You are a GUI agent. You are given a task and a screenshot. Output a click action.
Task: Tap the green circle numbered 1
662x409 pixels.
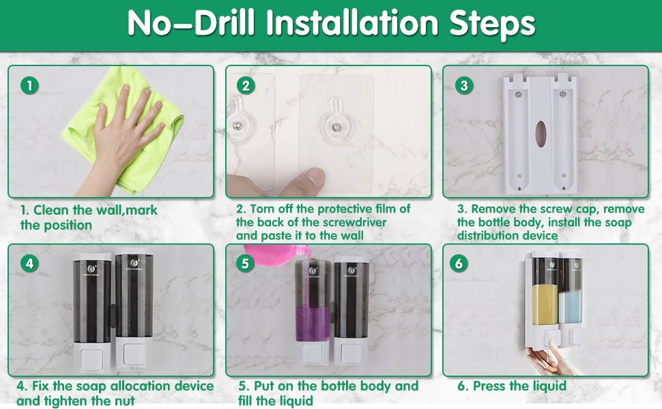coord(29,86)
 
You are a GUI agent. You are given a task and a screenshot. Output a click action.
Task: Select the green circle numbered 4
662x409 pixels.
coord(29,264)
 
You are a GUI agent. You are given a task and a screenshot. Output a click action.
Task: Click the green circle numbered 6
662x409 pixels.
coord(459,264)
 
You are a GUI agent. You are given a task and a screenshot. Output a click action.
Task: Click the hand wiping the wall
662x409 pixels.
coord(122,139)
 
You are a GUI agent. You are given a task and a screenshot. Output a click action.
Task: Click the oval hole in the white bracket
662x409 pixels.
coord(541,132)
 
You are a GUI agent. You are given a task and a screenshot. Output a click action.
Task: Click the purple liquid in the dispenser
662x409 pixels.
coord(313,323)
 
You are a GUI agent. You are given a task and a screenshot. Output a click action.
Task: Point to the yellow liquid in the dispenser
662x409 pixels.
coord(545,305)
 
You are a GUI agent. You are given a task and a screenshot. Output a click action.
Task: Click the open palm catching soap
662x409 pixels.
coord(549,360)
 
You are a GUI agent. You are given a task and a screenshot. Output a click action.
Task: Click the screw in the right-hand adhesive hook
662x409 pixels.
coord(336,127)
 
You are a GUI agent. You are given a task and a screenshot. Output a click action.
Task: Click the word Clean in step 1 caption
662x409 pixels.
coord(51,210)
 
